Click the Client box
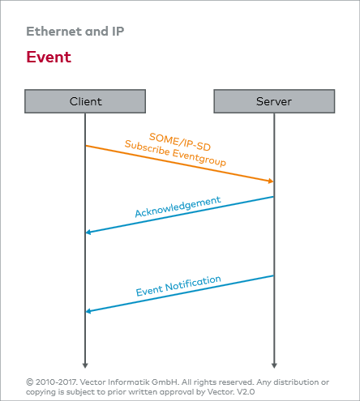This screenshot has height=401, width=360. click(85, 101)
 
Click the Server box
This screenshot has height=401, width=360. click(274, 101)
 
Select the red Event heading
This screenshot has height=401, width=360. click(49, 57)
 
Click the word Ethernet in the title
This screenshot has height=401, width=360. click(54, 32)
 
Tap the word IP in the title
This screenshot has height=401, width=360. click(118, 32)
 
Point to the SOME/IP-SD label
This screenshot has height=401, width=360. click(180, 142)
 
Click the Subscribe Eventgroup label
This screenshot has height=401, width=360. click(175, 153)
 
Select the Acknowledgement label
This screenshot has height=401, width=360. click(178, 207)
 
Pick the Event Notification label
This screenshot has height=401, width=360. click(178, 286)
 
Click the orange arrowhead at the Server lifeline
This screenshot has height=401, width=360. click(271, 181)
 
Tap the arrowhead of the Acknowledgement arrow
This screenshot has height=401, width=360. click(88, 232)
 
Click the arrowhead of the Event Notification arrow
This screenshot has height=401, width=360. click(88, 311)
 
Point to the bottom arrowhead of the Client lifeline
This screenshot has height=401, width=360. click(85, 365)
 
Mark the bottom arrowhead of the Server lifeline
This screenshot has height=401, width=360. click(274, 365)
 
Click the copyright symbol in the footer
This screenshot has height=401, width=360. click(29, 382)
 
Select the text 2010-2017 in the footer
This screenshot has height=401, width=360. click(57, 382)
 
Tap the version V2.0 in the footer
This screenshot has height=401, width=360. click(246, 392)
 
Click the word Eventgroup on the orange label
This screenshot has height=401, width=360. click(199, 158)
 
